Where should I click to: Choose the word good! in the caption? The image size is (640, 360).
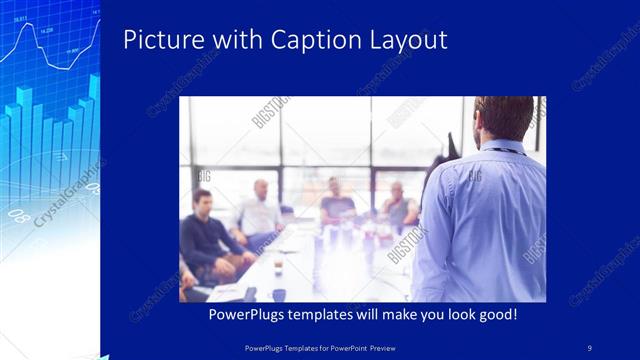click(494, 314)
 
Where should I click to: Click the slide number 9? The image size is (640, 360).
click(590, 347)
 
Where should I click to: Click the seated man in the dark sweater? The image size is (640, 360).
click(205, 235)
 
